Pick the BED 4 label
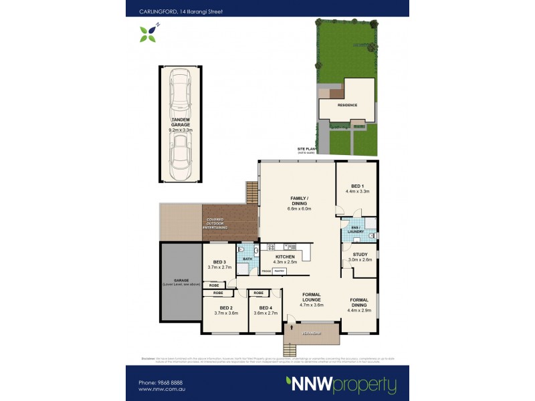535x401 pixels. tap(265, 309)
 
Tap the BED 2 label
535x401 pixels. tap(226, 309)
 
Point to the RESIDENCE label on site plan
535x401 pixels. tap(347, 105)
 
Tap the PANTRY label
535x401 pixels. tap(279, 271)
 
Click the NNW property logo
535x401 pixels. tap(340, 385)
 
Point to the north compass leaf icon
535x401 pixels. tap(148, 33)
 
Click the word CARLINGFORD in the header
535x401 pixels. tap(146, 11)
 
